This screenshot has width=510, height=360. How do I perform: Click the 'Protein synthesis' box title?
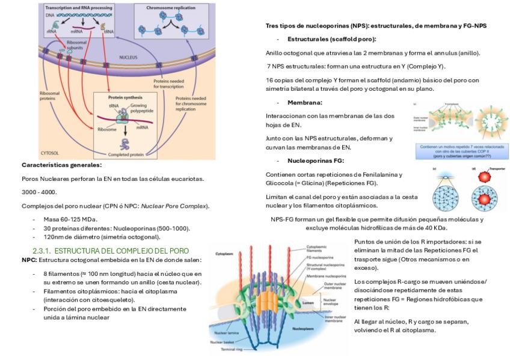(123, 97)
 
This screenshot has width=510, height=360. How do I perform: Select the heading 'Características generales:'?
(61, 165)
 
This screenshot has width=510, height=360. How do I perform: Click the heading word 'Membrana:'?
(305, 102)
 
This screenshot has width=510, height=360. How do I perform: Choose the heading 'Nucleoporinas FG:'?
(316, 161)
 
